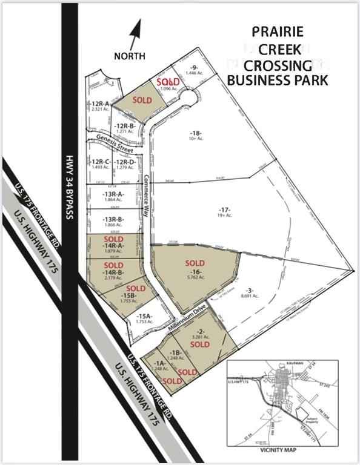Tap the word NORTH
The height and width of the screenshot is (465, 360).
(x=130, y=56)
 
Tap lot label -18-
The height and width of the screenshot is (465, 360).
(x=195, y=133)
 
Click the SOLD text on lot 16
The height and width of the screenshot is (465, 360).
(x=196, y=262)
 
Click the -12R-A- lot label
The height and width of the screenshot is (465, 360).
(x=99, y=104)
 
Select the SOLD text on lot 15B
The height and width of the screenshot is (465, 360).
(x=136, y=288)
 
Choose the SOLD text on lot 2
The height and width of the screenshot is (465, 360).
(x=200, y=344)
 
